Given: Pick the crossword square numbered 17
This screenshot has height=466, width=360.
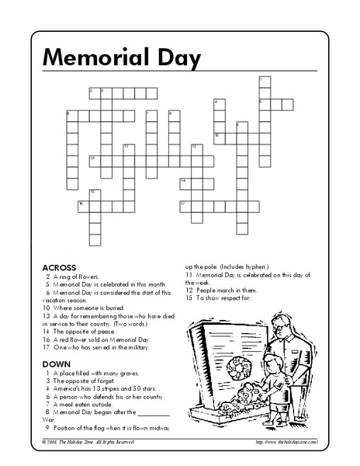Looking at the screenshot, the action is coord(185,206).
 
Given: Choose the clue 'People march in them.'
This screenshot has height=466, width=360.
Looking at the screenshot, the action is coord(221,290).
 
